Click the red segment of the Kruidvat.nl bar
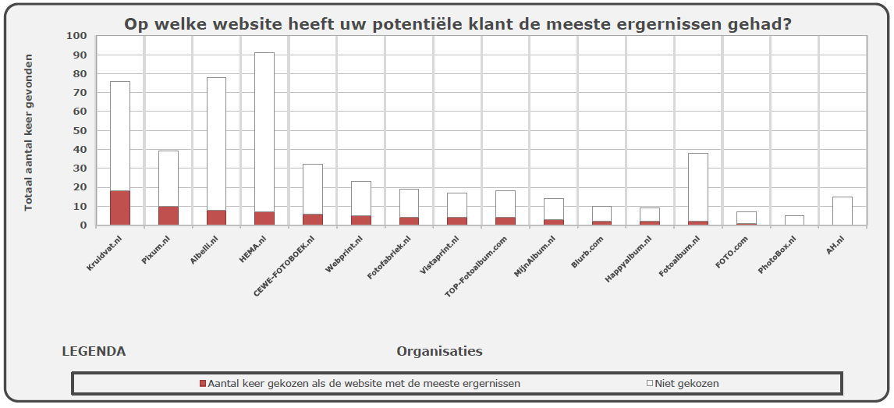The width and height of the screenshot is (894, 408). tap(120, 208)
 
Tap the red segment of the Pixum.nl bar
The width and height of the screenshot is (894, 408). tap(169, 215)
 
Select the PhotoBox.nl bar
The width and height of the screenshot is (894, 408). tap(794, 220)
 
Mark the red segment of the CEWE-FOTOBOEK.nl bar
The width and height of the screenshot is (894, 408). tap(313, 219)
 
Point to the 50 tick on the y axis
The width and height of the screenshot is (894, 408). tap(80, 130)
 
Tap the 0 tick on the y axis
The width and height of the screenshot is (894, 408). tap(82, 225)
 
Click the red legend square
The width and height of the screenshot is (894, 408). tap(203, 384)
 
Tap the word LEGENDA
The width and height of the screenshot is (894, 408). tap(94, 351)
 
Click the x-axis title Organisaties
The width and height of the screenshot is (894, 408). tap(439, 351)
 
